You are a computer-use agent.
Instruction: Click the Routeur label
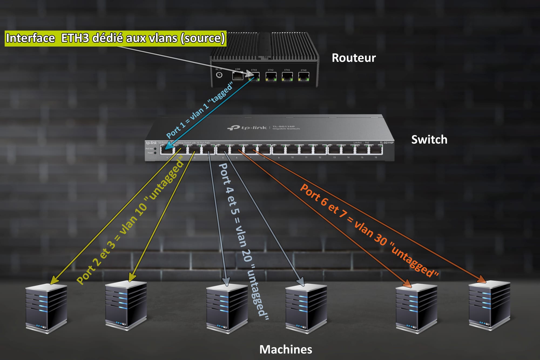(353, 58)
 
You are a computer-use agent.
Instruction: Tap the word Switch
(429, 140)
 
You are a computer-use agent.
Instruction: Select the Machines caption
(286, 349)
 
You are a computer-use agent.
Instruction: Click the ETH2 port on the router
(271, 77)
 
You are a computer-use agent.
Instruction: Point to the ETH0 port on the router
(303, 77)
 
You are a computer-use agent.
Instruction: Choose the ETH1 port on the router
(287, 77)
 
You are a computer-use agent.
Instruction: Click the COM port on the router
(238, 76)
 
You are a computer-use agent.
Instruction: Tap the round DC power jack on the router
(219, 75)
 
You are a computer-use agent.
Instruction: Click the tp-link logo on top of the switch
(247, 127)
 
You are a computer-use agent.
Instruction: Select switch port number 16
(376, 150)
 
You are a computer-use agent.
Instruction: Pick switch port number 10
(292, 150)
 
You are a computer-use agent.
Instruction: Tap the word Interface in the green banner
(31, 38)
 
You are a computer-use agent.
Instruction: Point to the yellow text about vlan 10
(130, 220)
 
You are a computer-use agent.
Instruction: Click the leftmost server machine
(46, 308)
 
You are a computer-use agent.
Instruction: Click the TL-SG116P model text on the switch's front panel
(386, 143)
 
